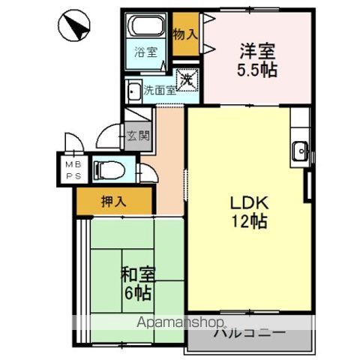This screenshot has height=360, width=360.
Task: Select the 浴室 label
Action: click(x=145, y=52)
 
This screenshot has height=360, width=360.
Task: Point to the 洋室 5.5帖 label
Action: click(x=257, y=60)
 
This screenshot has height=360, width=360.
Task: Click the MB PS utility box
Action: click(x=72, y=169)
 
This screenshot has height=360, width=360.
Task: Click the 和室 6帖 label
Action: click(x=138, y=281)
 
